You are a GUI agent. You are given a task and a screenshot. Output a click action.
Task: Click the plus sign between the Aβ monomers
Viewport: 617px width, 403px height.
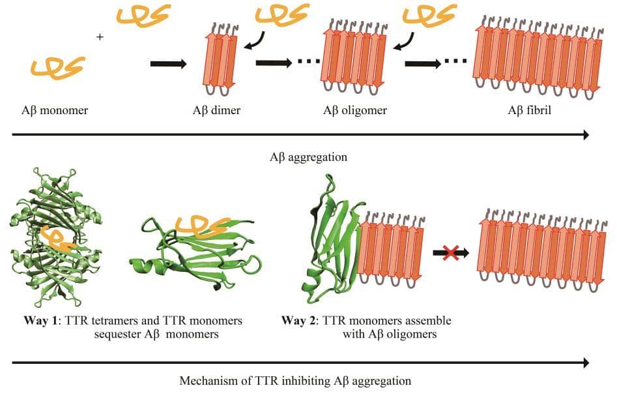click(x=100, y=38)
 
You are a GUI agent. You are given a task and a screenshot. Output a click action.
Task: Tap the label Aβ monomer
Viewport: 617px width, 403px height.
click(x=55, y=110)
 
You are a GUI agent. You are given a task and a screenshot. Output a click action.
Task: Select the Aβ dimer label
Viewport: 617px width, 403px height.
click(x=216, y=110)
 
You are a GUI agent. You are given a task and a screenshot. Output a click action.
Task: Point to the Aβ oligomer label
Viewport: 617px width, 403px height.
click(x=354, y=110)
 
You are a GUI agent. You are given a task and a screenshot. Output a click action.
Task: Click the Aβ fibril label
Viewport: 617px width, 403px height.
click(x=529, y=110)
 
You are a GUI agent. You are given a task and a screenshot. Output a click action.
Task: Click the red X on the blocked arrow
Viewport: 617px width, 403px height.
click(x=450, y=252)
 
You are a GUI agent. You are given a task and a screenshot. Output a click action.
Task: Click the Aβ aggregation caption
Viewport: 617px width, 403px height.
click(x=308, y=157)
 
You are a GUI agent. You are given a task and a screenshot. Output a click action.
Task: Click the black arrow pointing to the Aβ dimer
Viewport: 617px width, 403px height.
click(x=168, y=64)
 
